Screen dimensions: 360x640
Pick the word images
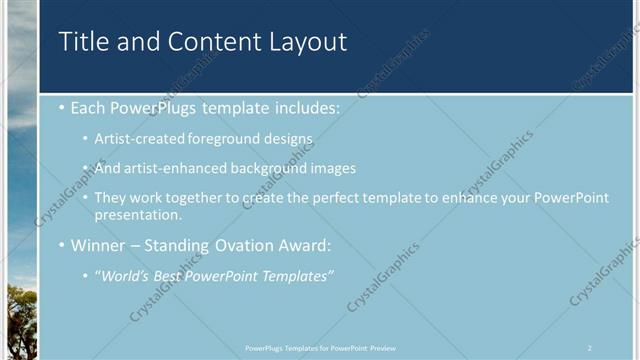point(334,168)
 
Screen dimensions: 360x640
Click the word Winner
point(98,245)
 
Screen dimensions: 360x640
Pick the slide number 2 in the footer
point(589,347)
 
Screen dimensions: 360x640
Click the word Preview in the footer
point(383,347)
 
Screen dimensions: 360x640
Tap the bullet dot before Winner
point(62,245)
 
